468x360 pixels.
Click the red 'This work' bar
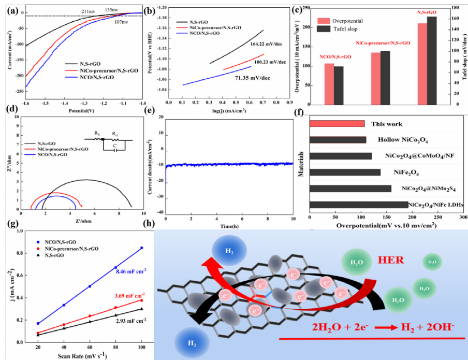[337, 123]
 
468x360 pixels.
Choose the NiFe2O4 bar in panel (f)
[345, 172]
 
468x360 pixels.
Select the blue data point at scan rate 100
[141, 248]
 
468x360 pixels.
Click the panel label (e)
[150, 111]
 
